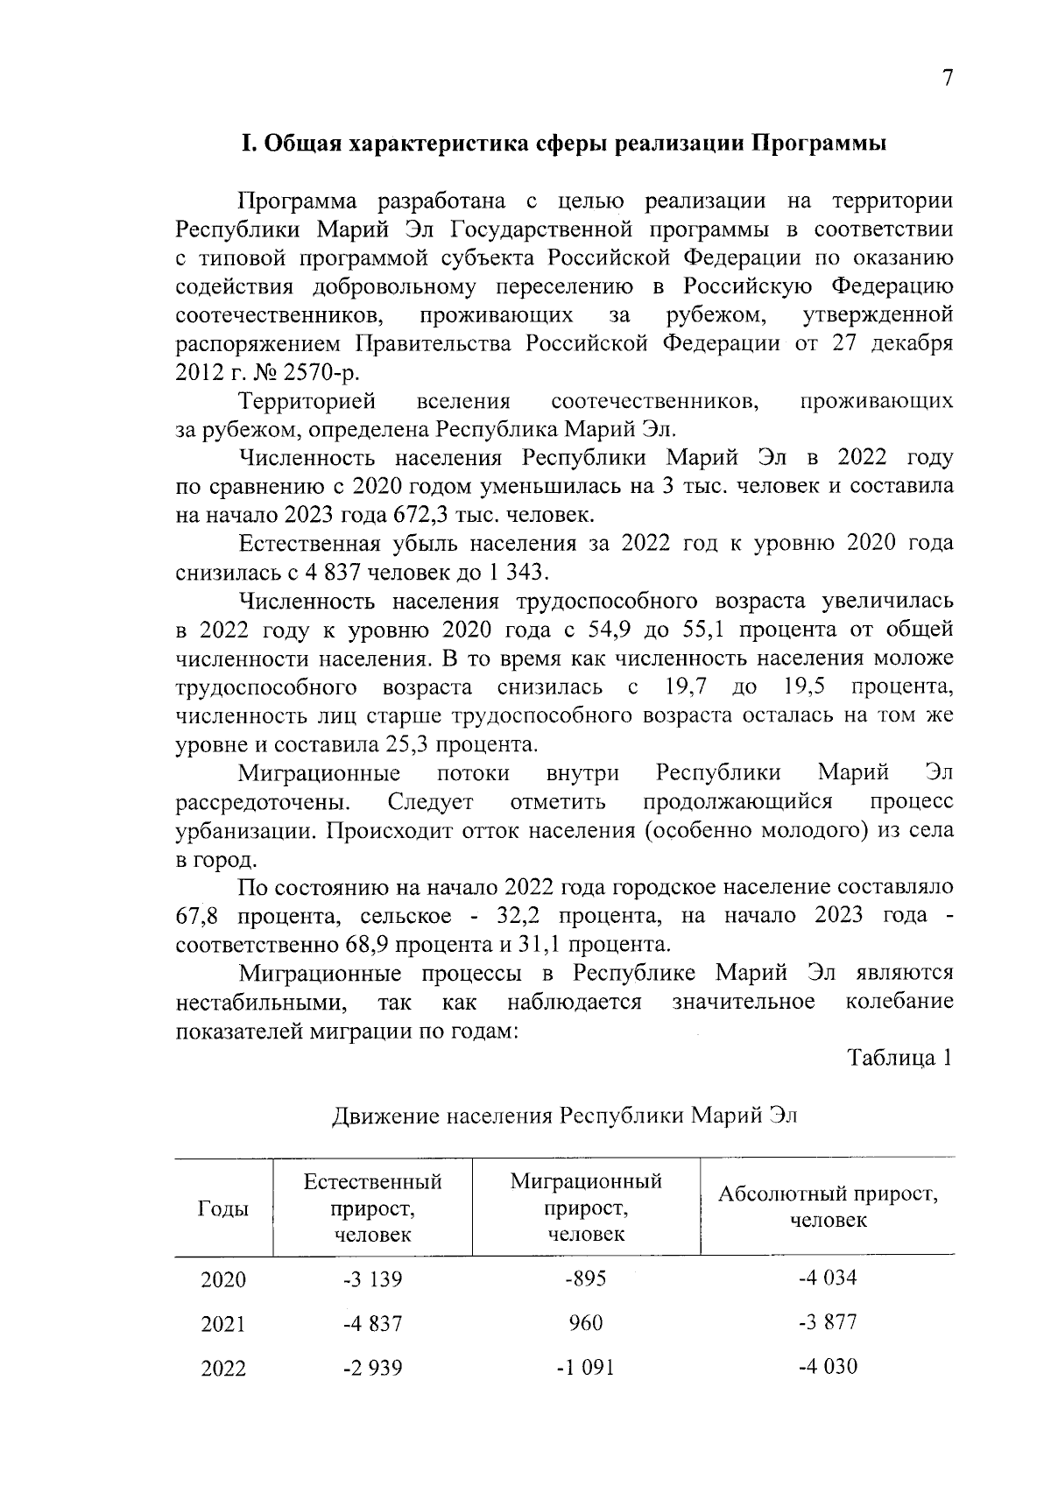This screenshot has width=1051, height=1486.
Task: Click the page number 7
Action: click(x=947, y=79)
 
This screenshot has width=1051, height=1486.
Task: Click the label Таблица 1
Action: click(x=899, y=1059)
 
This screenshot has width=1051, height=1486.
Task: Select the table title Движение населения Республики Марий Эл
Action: click(x=565, y=1116)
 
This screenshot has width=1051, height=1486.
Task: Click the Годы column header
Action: click(x=223, y=1208)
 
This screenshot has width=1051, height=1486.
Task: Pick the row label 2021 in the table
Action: click(x=223, y=1324)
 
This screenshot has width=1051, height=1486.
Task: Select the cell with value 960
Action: click(x=585, y=1323)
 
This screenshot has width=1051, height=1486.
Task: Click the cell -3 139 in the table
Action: click(x=372, y=1279)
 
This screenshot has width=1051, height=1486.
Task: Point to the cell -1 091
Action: click(x=585, y=1368)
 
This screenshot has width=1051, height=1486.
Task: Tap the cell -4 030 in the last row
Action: click(x=828, y=1366)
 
